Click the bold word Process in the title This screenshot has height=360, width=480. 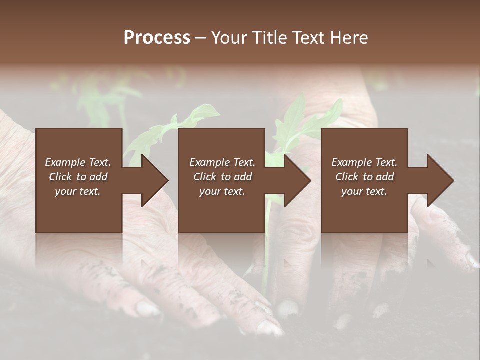coord(157,38)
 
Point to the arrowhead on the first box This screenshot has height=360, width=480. coord(155,180)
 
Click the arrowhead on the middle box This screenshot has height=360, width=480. coord(297,180)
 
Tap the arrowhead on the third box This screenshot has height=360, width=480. coord(440,180)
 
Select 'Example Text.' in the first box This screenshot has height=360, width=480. coord(78,162)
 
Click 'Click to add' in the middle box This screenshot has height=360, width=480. coord(222,177)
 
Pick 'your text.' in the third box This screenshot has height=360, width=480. coord(364,191)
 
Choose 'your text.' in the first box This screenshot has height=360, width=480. coord(78,191)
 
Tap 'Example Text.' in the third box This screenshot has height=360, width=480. coord(364,162)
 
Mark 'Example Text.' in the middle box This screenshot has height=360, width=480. coord(222,162)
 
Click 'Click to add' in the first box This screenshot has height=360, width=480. coord(78,177)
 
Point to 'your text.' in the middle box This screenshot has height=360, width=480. coord(222,191)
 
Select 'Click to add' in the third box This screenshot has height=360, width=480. coord(364,177)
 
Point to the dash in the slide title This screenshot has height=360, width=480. coord(200,38)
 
